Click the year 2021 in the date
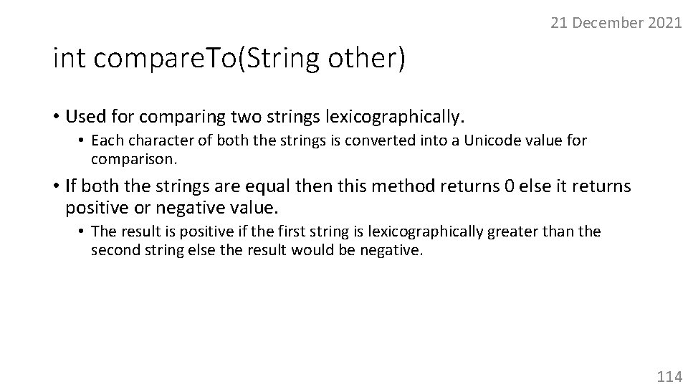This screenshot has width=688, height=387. pyautogui.click(x=664, y=23)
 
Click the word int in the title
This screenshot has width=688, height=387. pyautogui.click(x=70, y=59)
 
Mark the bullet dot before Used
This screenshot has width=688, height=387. pyautogui.click(x=55, y=116)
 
